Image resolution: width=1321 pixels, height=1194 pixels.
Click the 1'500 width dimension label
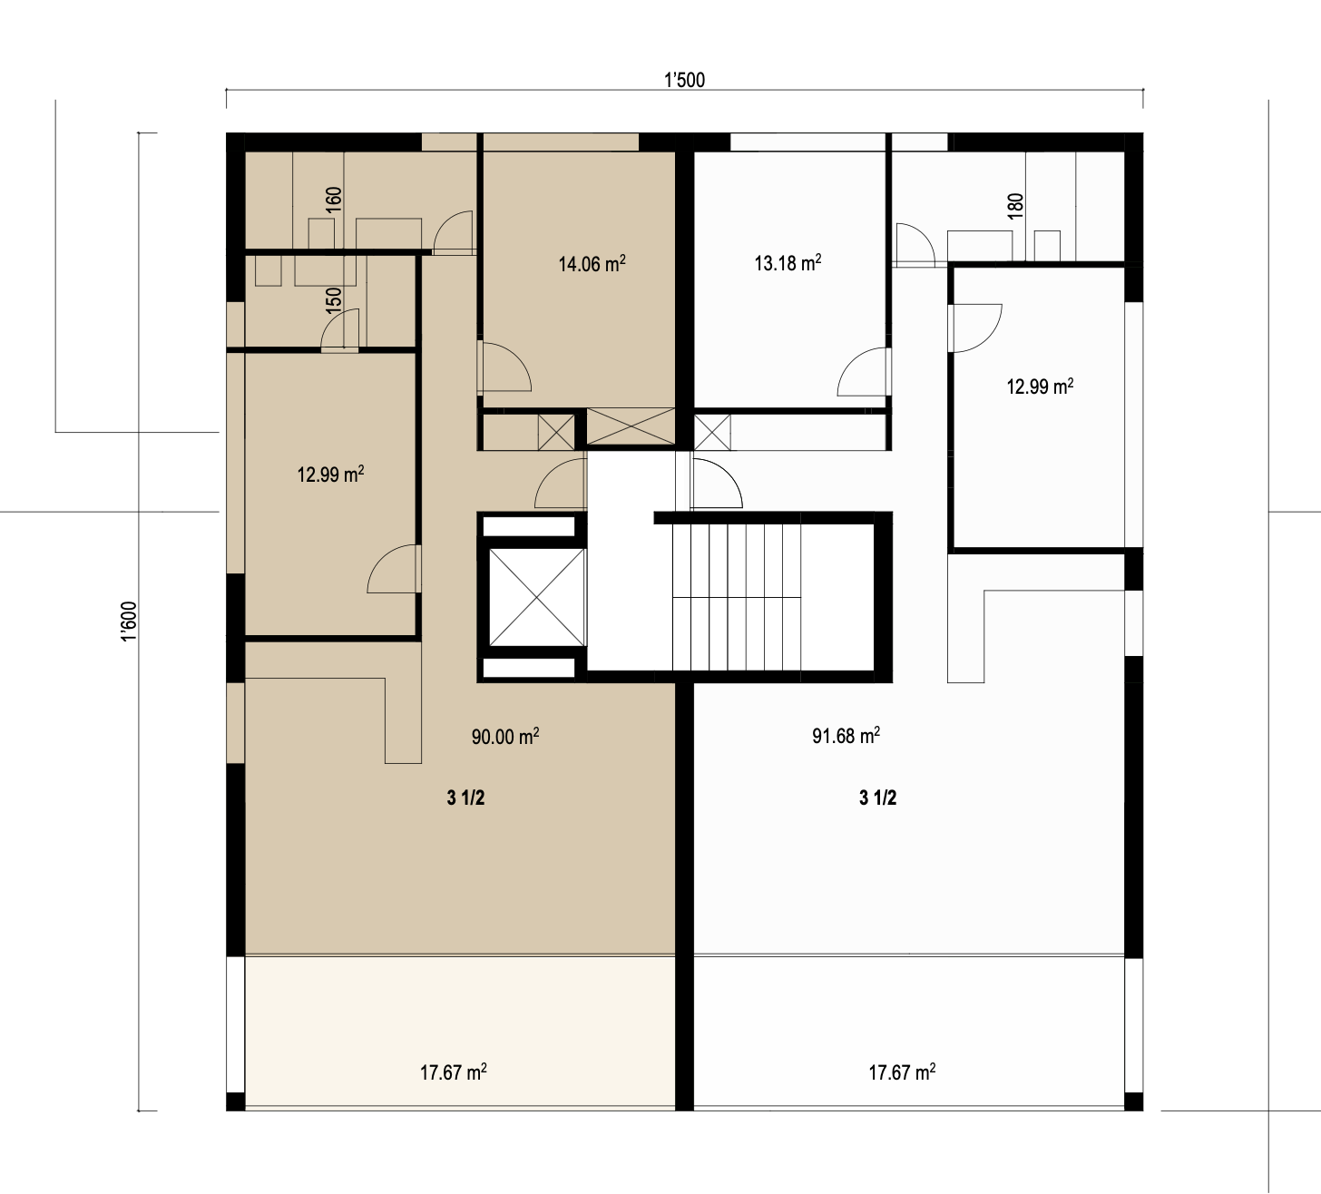[684, 80]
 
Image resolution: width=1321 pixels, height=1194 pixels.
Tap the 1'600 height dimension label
[129, 621]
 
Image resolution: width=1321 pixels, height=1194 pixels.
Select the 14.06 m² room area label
[592, 263]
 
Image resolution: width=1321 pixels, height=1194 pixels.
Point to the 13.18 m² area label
[788, 263]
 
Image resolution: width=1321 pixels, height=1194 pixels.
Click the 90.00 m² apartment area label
[505, 736]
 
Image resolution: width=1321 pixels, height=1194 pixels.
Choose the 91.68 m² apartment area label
[846, 735]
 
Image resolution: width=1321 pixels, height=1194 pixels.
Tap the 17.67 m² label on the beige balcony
[453, 1017]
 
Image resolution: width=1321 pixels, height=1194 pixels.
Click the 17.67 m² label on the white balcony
[902, 1017]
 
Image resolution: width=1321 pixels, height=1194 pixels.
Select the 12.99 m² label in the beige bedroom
[330, 474]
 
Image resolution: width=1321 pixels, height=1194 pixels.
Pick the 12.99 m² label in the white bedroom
[1040, 386]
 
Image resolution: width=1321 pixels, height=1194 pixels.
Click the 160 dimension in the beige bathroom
[334, 200]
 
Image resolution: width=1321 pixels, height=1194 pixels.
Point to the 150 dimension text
[334, 299]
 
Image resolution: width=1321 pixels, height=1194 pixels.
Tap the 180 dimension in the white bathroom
[1015, 205]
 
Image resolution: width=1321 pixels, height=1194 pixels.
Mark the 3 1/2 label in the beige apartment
[465, 798]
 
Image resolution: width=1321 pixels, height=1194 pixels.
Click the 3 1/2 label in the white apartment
[877, 798]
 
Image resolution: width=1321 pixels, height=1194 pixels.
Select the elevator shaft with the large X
[537, 597]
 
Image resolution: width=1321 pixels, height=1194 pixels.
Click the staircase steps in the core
[736, 597]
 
